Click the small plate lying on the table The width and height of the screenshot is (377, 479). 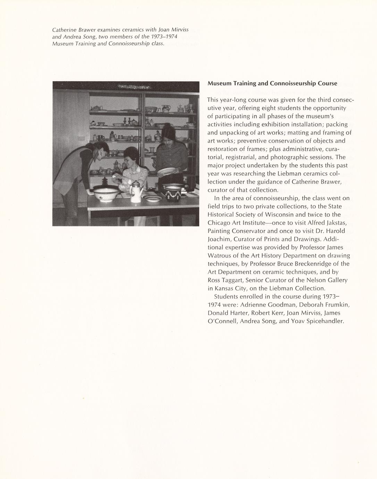[x=152, y=198]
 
